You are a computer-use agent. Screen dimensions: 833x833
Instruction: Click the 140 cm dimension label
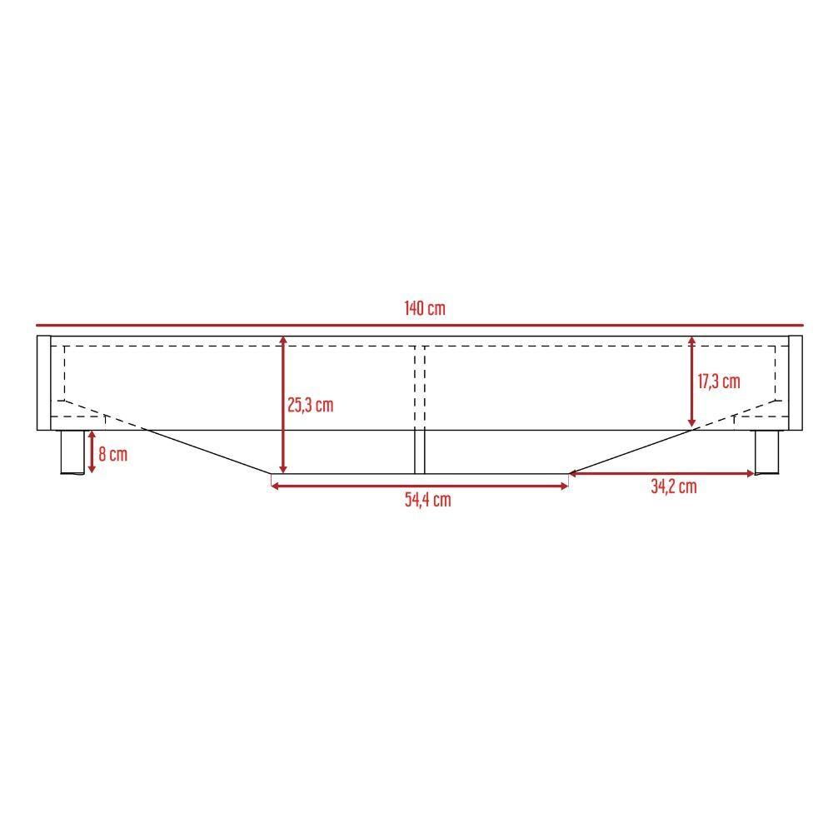pos(425,308)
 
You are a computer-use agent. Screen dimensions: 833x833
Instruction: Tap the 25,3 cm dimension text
pos(310,406)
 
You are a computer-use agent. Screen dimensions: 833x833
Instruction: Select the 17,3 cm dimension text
pos(718,382)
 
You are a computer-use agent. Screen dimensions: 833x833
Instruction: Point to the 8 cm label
pos(112,455)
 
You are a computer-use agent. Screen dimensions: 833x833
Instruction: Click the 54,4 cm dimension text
pos(427,500)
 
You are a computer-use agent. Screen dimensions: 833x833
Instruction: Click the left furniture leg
pos(72,452)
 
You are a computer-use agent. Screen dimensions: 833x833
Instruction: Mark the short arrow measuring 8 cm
pos(92,452)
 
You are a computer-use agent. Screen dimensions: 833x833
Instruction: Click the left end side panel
pos(43,383)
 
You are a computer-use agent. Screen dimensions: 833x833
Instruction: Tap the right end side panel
pos(795,383)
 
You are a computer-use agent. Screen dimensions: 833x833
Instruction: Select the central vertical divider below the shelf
pos(420,451)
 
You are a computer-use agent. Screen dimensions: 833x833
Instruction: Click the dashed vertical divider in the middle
pos(420,383)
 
